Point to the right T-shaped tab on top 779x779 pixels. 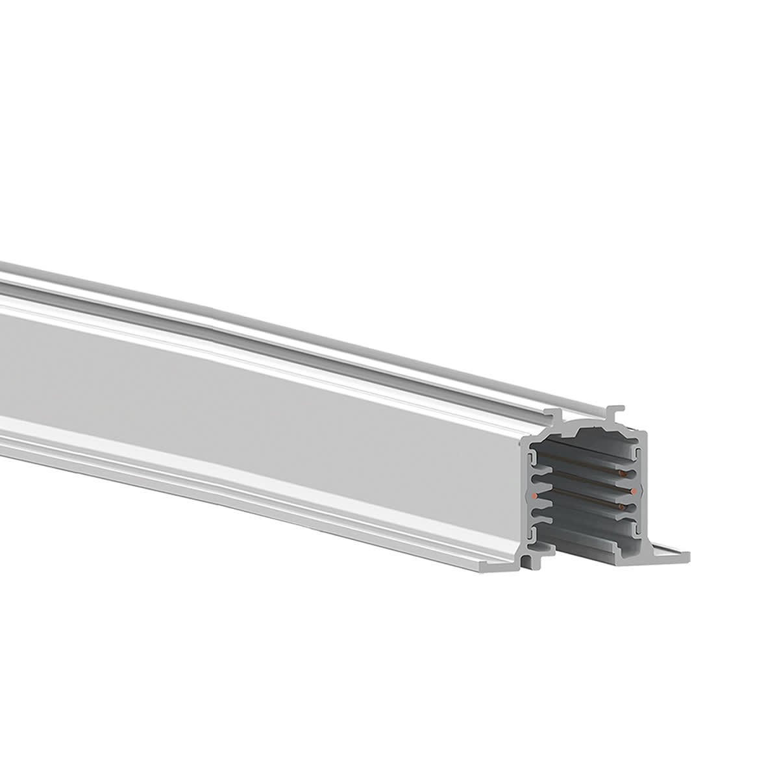point(615,410)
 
